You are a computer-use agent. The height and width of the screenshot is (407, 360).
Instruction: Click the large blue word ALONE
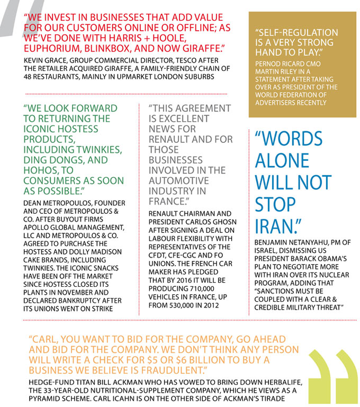pos(283,160)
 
